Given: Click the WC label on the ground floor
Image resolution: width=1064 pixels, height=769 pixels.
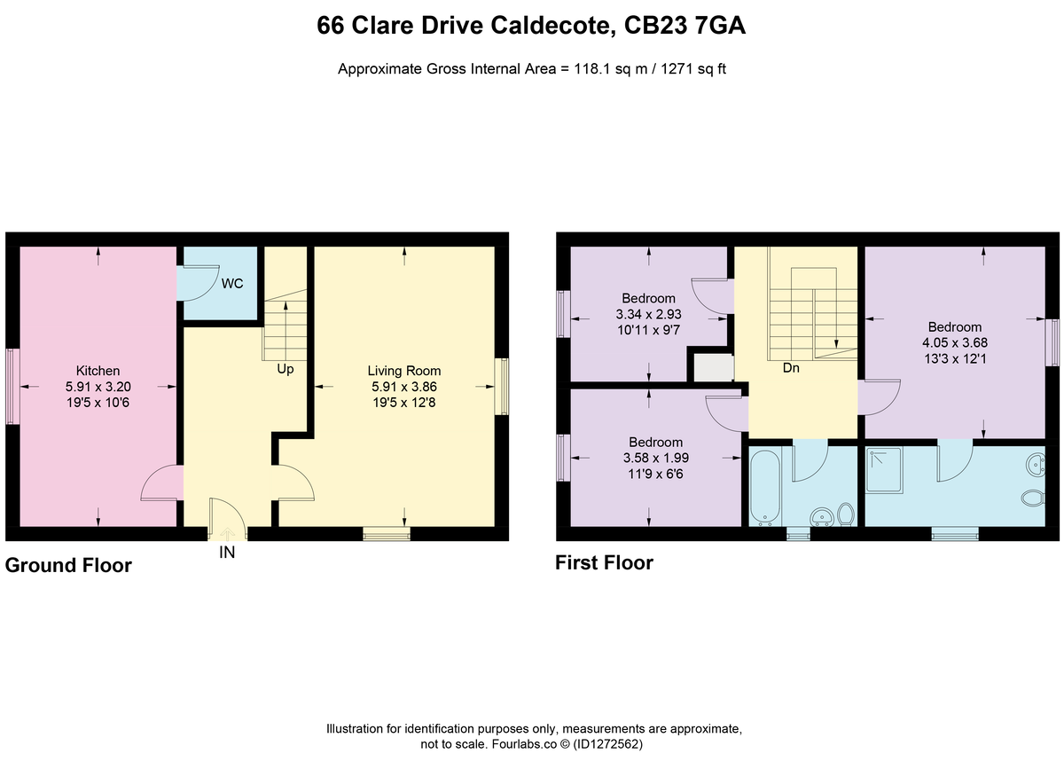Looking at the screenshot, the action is pos(232,284).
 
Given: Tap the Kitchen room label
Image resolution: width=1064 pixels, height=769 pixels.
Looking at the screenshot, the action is pos(98,371).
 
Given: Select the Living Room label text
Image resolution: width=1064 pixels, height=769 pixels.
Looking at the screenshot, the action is pos(404,371).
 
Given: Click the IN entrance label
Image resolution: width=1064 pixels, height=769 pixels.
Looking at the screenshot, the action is pos(227,553).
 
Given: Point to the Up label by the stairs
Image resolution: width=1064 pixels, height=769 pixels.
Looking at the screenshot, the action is pos(286,369).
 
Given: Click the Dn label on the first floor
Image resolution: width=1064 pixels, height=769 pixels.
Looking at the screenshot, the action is pos(791,368).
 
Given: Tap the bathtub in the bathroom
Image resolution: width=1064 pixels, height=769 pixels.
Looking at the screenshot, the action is pos(764,487).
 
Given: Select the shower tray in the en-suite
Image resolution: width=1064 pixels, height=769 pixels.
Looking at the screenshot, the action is pos(884,470).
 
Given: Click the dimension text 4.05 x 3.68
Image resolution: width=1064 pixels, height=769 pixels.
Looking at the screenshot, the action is pos(955,342).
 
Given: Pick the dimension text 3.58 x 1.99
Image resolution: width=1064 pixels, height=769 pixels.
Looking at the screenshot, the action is pos(656,459).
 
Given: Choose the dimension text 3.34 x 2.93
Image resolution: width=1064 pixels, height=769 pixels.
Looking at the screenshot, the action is pos(649,314).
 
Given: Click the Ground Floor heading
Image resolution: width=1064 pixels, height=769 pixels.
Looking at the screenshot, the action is pos(68,566).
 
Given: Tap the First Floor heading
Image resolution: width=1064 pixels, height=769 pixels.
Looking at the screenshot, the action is pos(604,563).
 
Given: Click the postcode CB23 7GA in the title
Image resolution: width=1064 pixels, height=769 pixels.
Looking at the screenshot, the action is pos(685,26).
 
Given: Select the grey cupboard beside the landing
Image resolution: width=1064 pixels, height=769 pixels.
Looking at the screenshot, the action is pos(714,367).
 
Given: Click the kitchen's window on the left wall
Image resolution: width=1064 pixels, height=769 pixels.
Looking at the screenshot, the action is pos(12,387).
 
